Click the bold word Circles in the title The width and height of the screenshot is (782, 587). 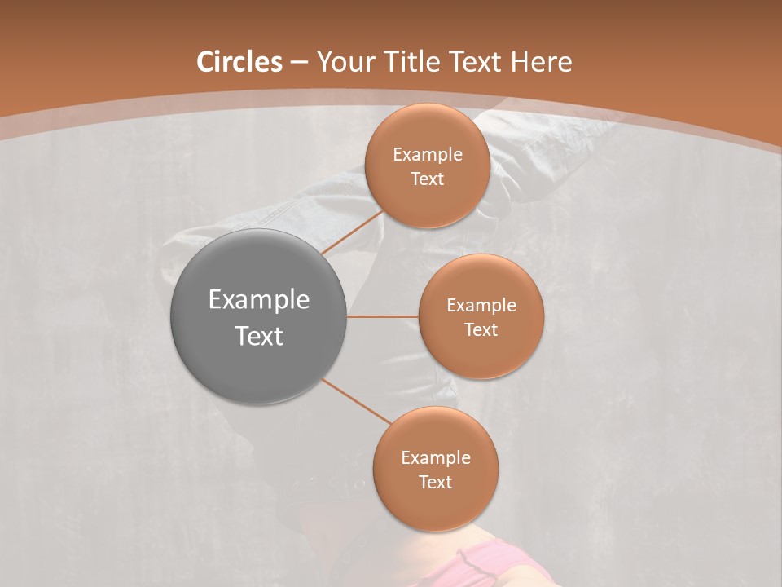coord(239,62)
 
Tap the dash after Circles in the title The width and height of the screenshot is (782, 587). coord(298,63)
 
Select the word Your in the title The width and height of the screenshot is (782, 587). coord(343,63)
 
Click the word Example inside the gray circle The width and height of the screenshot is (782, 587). coord(259,300)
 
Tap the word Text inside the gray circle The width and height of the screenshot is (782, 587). coord(259,336)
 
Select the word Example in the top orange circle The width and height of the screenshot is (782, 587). coord(428,154)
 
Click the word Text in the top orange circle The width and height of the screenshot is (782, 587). coord(428,179)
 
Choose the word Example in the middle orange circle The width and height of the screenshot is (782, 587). coord(481,305)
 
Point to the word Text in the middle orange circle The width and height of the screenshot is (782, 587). coord(481,329)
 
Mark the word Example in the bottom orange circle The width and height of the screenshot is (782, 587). coord(436,457)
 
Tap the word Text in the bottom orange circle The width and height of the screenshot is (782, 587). coord(436,482)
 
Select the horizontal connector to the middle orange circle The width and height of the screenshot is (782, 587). coord(382,316)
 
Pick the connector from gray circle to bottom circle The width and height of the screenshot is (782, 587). coord(357,402)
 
